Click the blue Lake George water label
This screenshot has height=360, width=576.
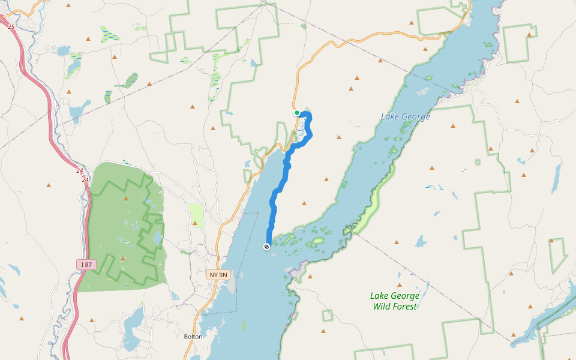405,116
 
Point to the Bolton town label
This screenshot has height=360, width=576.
193,337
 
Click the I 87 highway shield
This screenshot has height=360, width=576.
86,264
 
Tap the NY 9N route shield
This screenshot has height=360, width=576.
218,275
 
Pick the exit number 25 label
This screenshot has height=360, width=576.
11,27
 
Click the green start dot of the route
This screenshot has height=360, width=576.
297,113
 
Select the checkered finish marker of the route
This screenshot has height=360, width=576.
266,247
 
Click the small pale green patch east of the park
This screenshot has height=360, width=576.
196,214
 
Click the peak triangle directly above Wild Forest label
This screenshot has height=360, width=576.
399,284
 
